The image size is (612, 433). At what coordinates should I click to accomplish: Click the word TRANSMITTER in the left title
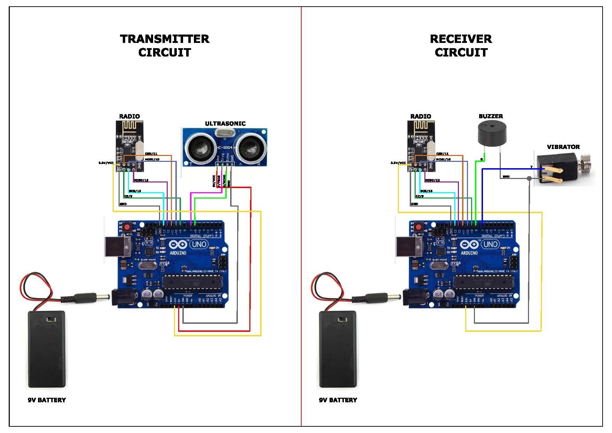(x=164, y=39)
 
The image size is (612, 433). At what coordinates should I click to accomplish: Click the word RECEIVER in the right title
(x=460, y=39)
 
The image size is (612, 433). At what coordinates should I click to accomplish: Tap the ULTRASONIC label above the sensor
(x=225, y=124)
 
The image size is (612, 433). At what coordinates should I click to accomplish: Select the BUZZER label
(x=490, y=116)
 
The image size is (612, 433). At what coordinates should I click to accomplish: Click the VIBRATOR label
(x=563, y=147)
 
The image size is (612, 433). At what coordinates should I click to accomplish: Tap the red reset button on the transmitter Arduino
(x=127, y=227)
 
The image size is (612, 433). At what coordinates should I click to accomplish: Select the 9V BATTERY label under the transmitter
(x=47, y=400)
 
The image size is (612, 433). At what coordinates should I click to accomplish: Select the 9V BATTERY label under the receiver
(x=338, y=400)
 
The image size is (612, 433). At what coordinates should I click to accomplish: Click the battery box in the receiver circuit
(x=338, y=349)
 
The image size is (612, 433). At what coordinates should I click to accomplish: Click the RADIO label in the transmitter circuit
(x=129, y=116)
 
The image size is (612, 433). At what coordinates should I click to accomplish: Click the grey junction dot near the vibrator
(x=529, y=178)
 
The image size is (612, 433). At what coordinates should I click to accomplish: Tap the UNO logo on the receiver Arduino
(x=490, y=244)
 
